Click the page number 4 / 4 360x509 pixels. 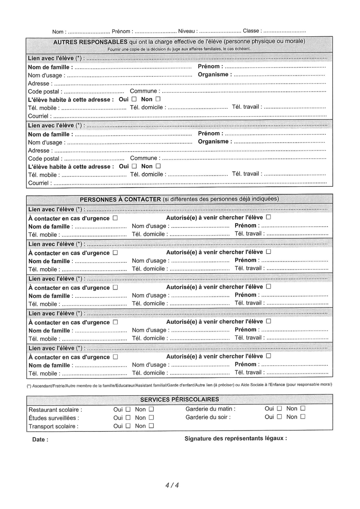(172, 485)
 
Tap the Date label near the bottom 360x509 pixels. (40, 439)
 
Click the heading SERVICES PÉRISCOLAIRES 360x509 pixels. (179, 399)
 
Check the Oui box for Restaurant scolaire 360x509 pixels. (128, 409)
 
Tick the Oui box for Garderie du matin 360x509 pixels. (279, 409)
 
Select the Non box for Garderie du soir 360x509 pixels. (302, 417)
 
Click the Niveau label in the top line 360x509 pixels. (187, 31)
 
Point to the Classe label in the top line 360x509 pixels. (251, 31)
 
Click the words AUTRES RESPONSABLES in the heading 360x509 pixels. (90, 42)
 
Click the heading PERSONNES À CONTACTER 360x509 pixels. (120, 199)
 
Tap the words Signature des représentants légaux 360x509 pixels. (235, 438)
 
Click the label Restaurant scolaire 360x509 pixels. (55, 410)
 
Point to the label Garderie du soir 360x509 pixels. (208, 417)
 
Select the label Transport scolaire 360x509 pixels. (53, 426)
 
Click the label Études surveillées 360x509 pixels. (54, 418)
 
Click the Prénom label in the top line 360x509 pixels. (121, 31)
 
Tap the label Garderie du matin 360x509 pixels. (210, 409)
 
